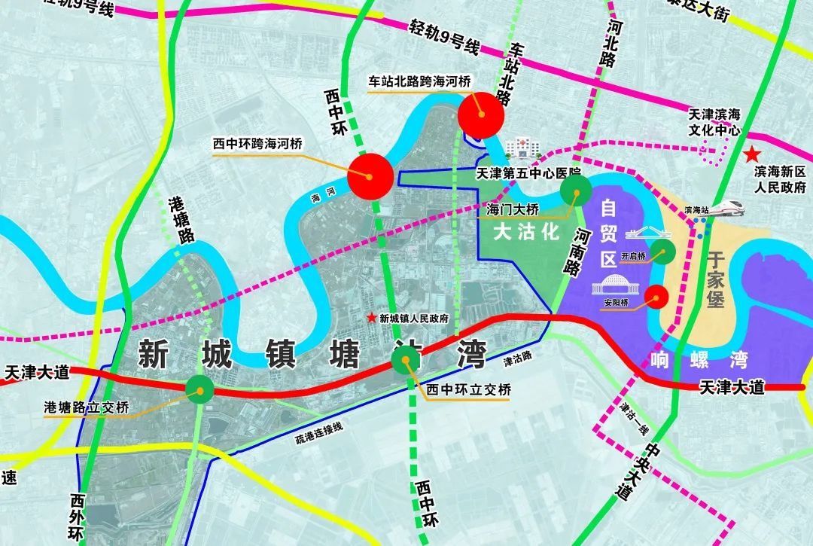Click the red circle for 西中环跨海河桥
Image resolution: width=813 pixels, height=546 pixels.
point(370,176)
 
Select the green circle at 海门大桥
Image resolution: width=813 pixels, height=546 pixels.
point(577,190)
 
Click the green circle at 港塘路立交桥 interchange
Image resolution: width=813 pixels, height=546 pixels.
point(200,389)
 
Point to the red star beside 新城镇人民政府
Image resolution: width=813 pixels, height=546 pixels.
point(370,319)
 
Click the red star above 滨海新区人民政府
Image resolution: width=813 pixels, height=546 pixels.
point(751,155)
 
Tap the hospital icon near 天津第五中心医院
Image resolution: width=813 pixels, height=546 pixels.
point(518,148)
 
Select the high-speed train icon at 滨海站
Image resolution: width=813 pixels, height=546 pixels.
point(724,207)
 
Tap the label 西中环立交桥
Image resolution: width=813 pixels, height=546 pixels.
point(468,390)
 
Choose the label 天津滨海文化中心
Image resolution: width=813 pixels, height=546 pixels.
point(714,121)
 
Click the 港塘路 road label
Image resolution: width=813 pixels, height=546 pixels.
point(181,218)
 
